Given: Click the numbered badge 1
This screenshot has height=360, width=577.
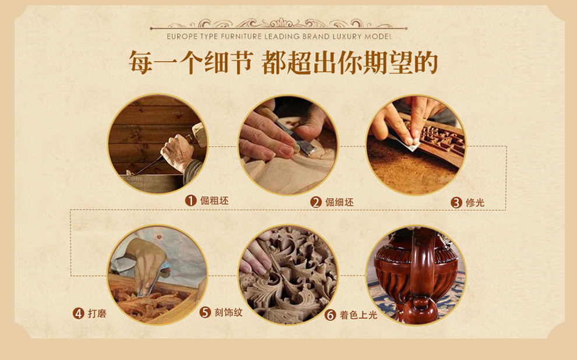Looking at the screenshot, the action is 191,201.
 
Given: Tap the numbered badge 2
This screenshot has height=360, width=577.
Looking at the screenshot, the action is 316,202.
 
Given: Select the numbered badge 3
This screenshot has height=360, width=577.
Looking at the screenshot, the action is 456,203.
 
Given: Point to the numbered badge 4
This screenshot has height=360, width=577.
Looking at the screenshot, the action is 78,313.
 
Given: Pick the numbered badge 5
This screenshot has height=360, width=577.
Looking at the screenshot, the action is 205,313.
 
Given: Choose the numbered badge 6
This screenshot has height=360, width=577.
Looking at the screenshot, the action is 330,315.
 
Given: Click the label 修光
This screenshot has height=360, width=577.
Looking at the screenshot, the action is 475,203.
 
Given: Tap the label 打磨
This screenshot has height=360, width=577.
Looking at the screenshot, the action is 97,313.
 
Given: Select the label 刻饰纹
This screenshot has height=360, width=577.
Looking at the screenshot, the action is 228,313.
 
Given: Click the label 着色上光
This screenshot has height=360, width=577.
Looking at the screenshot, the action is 358,315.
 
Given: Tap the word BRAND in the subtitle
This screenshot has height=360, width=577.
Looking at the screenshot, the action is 316,36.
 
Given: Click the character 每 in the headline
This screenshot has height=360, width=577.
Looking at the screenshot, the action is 140,63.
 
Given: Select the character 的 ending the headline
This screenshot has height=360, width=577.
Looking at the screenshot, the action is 426,63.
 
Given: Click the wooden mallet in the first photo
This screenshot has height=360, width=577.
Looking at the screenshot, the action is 199,134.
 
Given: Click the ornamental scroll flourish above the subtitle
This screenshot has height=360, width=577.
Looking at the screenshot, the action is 279,23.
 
